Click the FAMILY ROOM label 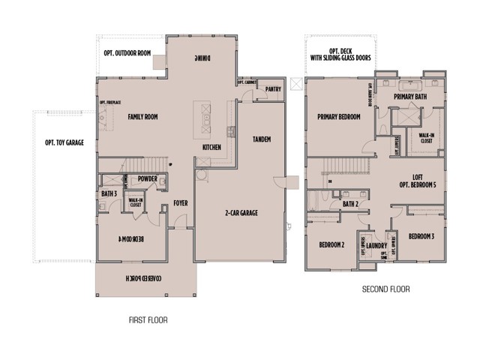[x=142, y=117]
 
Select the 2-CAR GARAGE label [x=240, y=213]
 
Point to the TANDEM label [x=262, y=139]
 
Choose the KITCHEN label [x=211, y=148]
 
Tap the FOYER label [x=180, y=203]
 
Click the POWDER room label [x=148, y=179]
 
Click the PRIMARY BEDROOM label [x=339, y=117]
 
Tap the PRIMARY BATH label [x=411, y=96]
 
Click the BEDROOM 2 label [x=331, y=245]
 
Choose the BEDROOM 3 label [x=421, y=236]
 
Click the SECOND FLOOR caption [x=385, y=289]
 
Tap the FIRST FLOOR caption [x=148, y=320]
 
